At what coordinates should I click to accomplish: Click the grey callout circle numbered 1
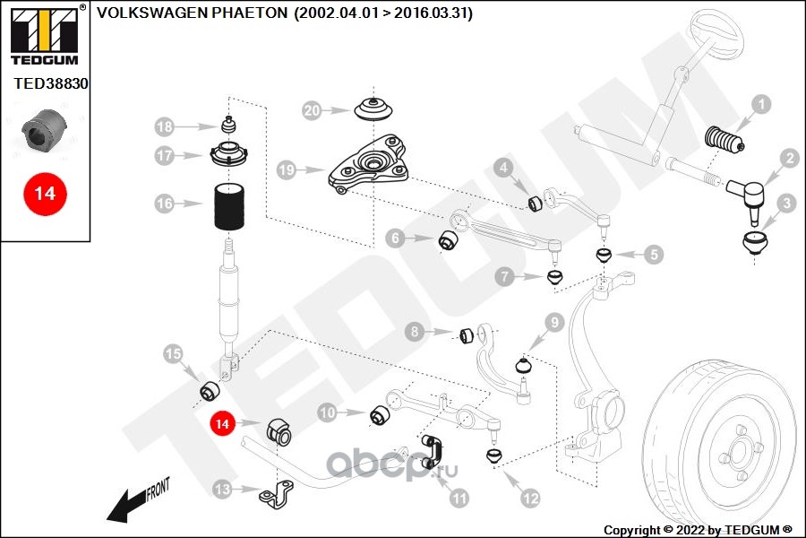(759, 105)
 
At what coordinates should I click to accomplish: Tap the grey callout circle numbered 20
(312, 111)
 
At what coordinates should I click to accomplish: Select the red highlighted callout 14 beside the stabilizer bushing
(222, 421)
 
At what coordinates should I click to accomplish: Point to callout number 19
(287, 169)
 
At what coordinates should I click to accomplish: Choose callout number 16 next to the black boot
(165, 204)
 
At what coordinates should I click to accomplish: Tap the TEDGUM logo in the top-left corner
(42, 34)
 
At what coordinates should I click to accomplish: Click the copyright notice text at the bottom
(699, 529)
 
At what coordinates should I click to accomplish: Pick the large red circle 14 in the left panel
(44, 193)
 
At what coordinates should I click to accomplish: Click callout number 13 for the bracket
(222, 489)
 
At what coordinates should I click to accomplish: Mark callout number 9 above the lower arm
(553, 322)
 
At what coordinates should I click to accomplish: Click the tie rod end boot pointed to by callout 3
(758, 243)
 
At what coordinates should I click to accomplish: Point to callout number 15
(174, 354)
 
